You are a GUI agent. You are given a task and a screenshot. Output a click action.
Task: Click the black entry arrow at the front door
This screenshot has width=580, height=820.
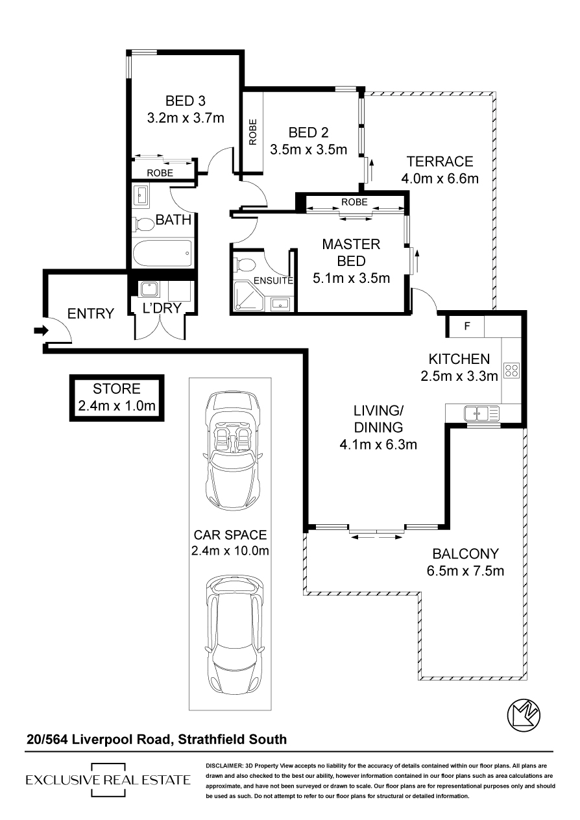40,331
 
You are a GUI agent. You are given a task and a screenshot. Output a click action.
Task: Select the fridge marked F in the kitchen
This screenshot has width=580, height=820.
465,327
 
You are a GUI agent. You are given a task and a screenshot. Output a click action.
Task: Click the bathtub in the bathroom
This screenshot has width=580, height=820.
162,253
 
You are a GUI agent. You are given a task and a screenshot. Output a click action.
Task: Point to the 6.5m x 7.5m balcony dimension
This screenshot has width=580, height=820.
465,572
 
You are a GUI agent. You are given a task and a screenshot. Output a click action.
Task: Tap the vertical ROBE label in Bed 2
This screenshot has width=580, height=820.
253,132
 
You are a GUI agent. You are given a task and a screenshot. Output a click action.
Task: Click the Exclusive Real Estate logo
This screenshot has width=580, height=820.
108,780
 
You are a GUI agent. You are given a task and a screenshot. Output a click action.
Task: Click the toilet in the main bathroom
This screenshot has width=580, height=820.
144,224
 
